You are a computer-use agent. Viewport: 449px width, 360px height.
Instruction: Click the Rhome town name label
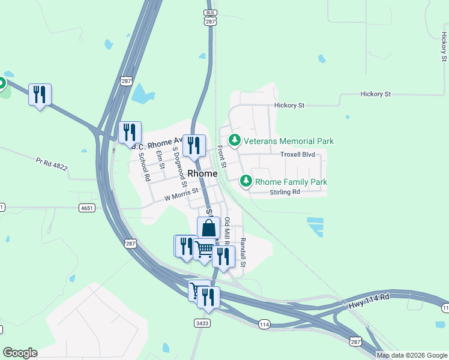202,173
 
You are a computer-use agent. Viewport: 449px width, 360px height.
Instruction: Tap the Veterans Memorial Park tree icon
234,141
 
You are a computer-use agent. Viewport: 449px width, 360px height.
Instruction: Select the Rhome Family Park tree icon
246,181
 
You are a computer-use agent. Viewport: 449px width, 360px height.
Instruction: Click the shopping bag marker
208,229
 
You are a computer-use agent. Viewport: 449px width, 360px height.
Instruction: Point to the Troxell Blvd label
298,154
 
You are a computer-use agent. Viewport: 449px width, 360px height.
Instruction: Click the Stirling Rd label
285,192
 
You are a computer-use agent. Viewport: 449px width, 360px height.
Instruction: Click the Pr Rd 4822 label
52,164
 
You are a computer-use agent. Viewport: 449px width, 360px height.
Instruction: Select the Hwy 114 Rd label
369,301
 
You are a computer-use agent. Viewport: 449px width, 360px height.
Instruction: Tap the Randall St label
243,253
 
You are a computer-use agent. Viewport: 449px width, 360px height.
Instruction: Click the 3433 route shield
202,323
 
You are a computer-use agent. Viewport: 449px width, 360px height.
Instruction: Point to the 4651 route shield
86,208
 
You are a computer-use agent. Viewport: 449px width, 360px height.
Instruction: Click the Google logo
20,353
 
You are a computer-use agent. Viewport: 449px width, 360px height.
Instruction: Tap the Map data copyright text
412,355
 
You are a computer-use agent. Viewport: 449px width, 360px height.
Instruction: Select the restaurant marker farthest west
40,95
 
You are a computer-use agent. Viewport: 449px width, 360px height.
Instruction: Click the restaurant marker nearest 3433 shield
208,297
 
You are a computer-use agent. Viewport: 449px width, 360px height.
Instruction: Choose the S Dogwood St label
177,164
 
